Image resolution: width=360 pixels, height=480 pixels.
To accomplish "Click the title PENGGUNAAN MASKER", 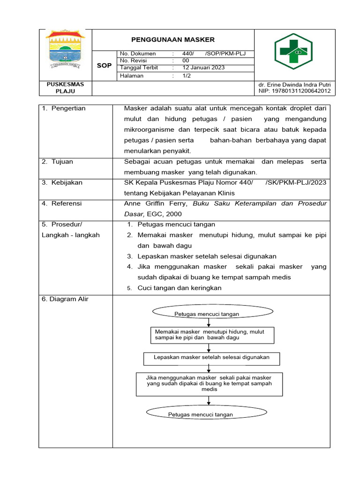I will coord(172,40).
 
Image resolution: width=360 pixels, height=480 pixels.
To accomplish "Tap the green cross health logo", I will coord(293,52).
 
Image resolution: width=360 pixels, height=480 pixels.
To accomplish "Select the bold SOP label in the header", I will coord(104,66).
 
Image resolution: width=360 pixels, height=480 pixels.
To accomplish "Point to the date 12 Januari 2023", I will coord(203,67).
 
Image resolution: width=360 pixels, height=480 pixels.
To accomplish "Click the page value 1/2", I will coord(187,75).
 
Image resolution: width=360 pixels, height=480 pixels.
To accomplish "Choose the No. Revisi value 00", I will coord(186,60).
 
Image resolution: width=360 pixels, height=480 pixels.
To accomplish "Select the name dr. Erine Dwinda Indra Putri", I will coord(294,84).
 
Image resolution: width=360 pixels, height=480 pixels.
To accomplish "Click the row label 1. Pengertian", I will coord(64,108).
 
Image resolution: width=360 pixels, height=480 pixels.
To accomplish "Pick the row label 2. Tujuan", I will coord(57,162).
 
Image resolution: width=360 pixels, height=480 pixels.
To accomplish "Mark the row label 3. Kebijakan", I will coord(61,182).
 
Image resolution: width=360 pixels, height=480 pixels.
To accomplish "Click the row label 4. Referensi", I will coord(61,203).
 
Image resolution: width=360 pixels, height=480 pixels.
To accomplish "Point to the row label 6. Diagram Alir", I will coord(65,299).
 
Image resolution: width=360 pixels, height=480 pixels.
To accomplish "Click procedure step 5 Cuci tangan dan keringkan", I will coord(179,288).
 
